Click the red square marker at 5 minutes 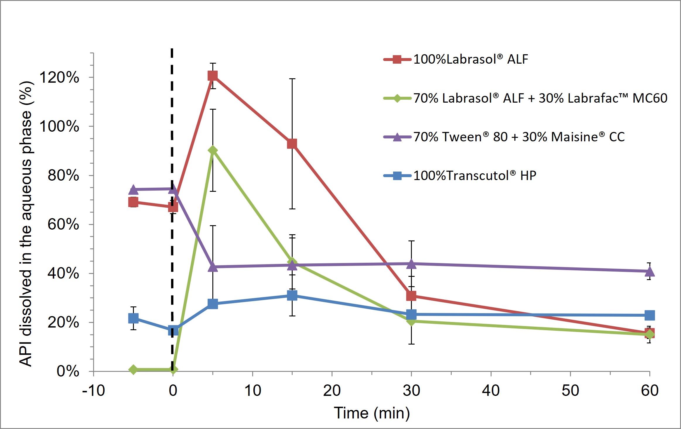point(213,76)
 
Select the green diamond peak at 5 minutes point(213,150)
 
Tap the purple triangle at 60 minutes point(650,271)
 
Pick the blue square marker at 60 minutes point(650,316)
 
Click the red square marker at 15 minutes point(292,144)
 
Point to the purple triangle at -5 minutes point(133,189)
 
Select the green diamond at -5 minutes point(133,370)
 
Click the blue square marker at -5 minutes point(133,318)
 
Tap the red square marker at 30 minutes point(411,296)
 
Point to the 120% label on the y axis point(59,77)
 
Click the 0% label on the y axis point(68,371)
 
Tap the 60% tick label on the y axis point(63,225)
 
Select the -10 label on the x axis point(93,391)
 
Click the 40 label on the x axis point(491,391)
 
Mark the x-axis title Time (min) point(372,413)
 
